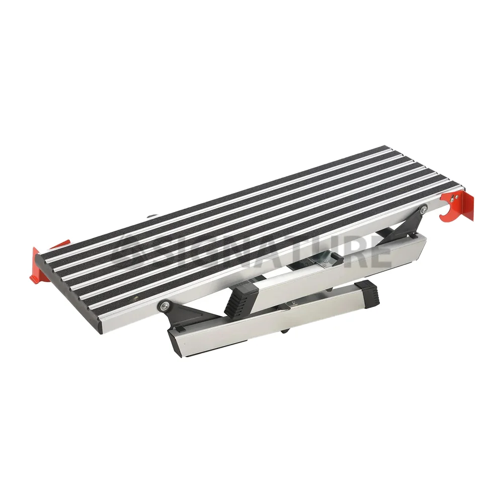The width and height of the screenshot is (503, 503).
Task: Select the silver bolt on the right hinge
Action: pos(424,209)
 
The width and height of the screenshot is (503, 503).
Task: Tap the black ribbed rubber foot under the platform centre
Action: pos(241,299)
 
